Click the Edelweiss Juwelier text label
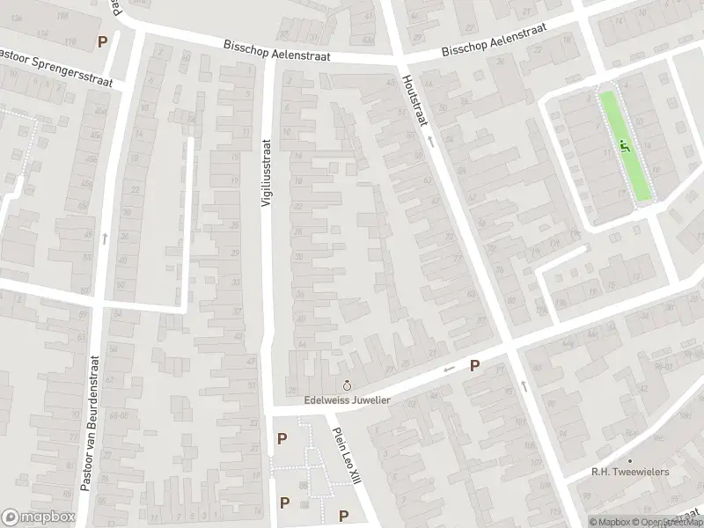pyautogui.click(x=347, y=400)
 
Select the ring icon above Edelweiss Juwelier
pyautogui.click(x=347, y=385)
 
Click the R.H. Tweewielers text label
pyautogui.click(x=630, y=472)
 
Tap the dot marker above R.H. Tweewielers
pyautogui.click(x=630, y=460)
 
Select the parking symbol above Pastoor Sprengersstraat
pyautogui.click(x=103, y=41)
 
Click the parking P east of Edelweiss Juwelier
pyautogui.click(x=474, y=365)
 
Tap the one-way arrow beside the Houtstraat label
pyautogui.click(x=430, y=140)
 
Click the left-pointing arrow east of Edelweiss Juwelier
pyautogui.click(x=449, y=369)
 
